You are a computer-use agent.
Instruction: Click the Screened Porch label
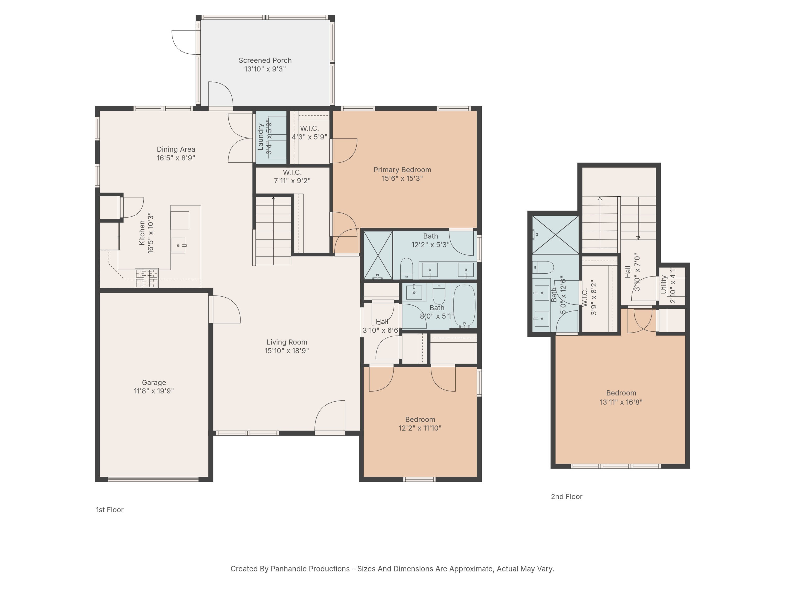click(265, 60)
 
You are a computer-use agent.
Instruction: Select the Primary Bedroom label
click(402, 170)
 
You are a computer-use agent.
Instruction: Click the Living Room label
click(287, 342)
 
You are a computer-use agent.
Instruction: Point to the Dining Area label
click(176, 149)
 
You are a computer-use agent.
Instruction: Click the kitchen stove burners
click(147, 278)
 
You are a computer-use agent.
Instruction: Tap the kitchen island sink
click(178, 245)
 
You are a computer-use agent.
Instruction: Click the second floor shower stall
click(556, 235)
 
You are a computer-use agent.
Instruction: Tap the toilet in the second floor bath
click(543, 267)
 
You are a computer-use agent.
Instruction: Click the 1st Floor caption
click(110, 510)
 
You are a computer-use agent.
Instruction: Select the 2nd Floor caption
click(567, 497)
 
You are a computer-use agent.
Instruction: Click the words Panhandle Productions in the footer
click(310, 569)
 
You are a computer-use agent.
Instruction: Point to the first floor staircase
click(273, 231)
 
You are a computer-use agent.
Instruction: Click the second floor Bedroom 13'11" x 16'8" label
click(621, 393)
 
